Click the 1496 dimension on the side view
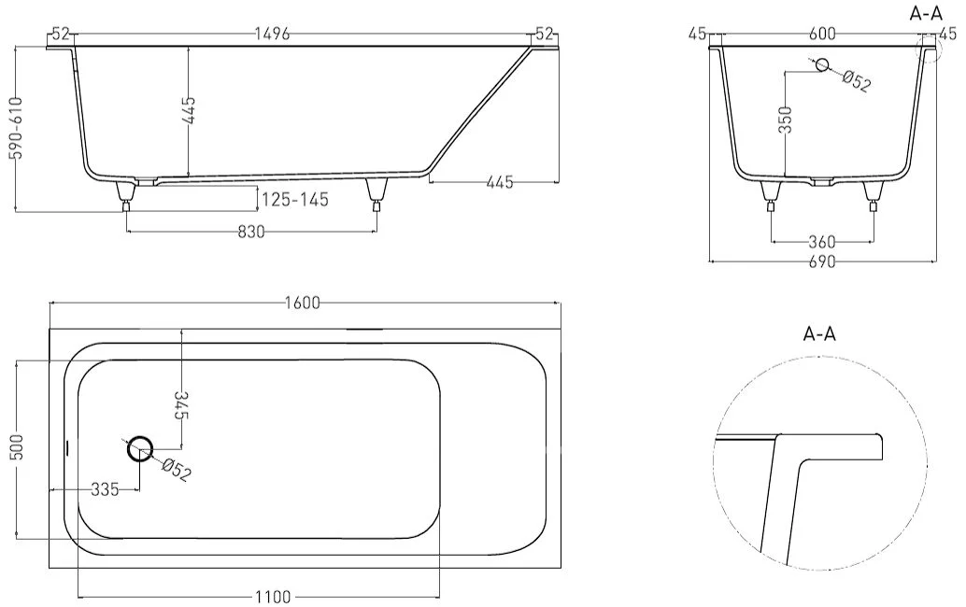coord(272,35)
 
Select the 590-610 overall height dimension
coord(18,128)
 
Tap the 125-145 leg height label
coord(295,200)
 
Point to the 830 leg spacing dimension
coord(250,233)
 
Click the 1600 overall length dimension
coord(303,303)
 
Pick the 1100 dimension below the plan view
coord(273,597)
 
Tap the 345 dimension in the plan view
coord(182,404)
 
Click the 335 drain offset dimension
coord(105,490)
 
